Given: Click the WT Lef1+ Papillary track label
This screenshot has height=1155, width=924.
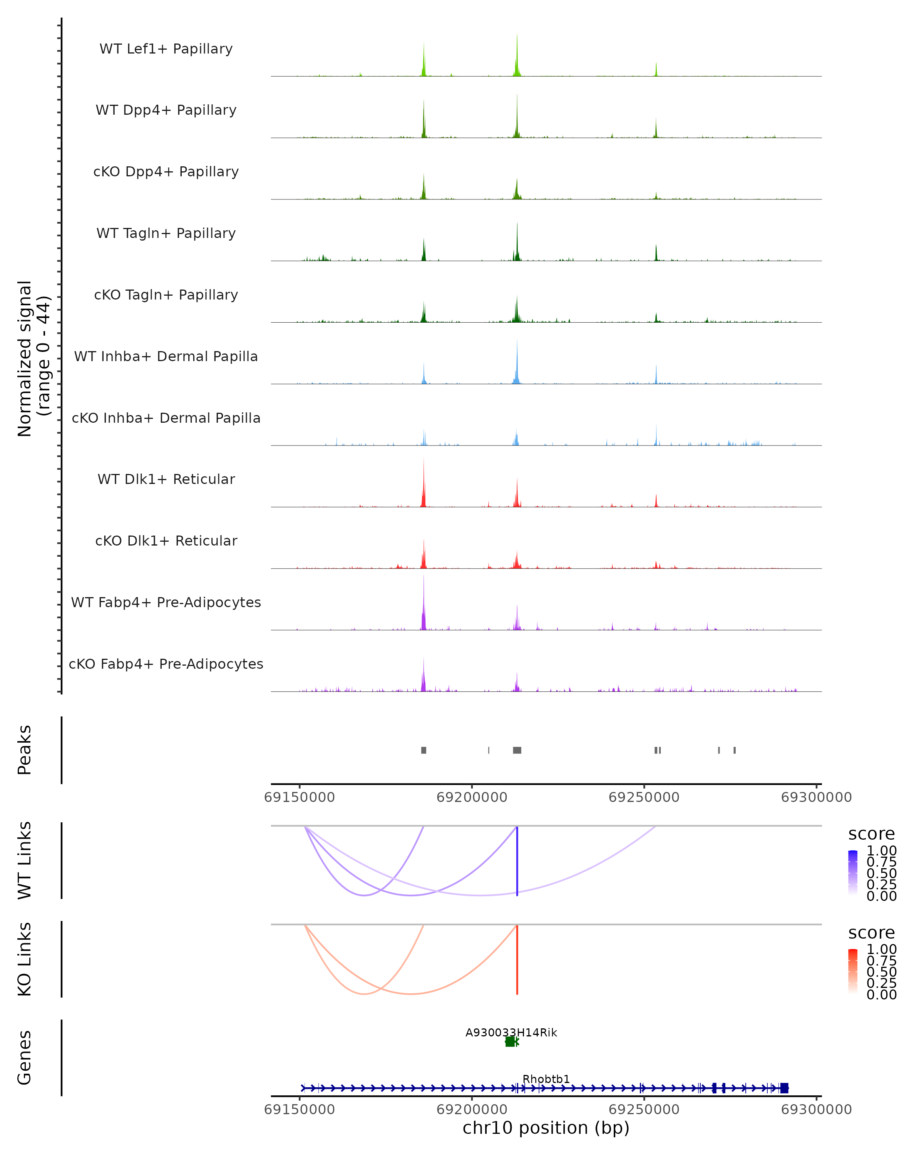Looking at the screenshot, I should [x=166, y=49].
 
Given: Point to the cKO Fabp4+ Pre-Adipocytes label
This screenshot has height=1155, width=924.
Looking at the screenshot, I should [x=166, y=664].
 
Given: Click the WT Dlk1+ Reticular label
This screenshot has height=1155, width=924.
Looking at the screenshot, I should [x=166, y=479].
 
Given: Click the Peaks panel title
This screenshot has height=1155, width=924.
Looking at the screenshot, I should [x=25, y=750].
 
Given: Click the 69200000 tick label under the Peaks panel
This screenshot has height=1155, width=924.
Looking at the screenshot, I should [x=472, y=797].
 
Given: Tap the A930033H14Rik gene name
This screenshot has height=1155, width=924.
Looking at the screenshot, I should [x=511, y=1032].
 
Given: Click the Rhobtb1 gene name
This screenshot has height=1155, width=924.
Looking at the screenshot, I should [x=546, y=1079].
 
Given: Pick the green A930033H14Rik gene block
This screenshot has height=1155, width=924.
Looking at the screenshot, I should [x=511, y=1041].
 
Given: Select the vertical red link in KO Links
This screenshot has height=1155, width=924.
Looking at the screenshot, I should [x=517, y=960].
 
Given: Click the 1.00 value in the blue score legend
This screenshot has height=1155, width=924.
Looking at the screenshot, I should [x=882, y=851].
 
